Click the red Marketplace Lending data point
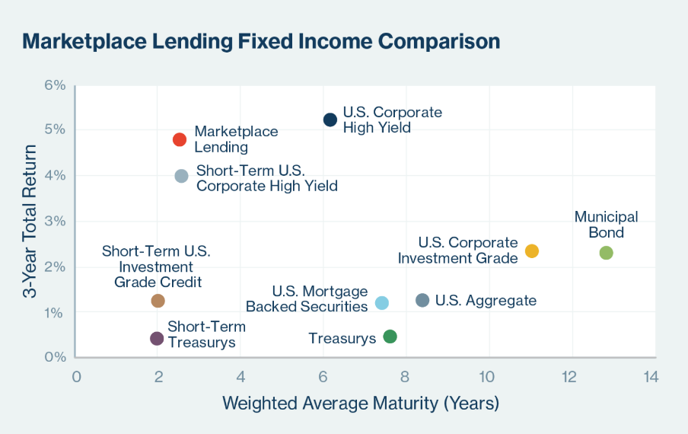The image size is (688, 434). [180, 139]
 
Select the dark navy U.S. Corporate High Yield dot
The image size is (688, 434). [330, 120]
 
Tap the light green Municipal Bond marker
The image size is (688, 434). [606, 253]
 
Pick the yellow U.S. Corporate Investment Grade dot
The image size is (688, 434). [532, 251]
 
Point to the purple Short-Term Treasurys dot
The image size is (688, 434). [157, 338]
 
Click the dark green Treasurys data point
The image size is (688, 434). [390, 337]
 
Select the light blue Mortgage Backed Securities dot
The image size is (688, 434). [382, 303]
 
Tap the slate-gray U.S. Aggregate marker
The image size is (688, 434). [422, 300]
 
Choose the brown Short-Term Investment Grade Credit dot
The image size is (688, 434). [158, 301]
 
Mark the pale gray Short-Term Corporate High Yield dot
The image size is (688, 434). [182, 176]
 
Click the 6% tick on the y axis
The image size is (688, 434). [55, 85]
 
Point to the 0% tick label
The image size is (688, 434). [55, 356]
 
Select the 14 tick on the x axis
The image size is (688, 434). [651, 376]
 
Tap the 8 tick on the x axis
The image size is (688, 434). [405, 376]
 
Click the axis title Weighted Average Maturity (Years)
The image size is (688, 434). [361, 404]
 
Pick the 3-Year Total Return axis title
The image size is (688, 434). [30, 221]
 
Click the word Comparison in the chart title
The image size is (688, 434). [439, 42]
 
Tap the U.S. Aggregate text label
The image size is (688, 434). [486, 301]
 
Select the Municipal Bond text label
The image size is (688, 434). [607, 225]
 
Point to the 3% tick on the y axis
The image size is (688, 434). [55, 221]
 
